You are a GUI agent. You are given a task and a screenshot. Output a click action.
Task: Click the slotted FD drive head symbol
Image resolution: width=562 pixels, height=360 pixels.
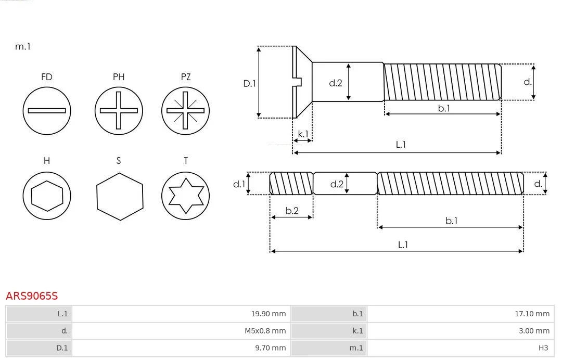coord(47,110)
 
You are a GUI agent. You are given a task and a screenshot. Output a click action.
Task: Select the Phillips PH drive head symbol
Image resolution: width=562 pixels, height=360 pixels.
coord(119,110)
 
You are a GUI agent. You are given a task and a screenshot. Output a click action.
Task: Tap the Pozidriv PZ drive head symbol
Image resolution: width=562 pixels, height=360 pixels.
coord(185,110)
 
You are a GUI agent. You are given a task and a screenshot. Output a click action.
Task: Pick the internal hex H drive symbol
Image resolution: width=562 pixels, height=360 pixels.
coord(47,196)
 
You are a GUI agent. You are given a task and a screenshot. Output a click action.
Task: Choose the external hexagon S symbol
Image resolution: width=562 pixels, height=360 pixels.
coord(119,196)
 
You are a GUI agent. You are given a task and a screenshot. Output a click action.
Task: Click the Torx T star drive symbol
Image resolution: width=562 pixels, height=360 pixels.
coord(185,196)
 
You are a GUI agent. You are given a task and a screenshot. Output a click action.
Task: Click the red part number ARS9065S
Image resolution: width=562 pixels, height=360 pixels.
coord(32,296)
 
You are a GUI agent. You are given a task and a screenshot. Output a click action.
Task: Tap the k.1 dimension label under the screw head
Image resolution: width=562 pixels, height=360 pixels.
coord(302,134)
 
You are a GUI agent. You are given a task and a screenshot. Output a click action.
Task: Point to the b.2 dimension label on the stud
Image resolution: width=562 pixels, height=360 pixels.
coord(292,211)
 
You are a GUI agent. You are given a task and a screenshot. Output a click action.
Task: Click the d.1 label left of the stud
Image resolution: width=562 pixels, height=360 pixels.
coord(238,184)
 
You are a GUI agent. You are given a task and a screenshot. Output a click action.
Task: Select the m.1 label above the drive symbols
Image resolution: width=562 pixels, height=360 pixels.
coord(23,46)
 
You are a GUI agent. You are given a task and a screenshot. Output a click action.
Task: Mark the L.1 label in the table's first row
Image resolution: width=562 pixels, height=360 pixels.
coord(62,314)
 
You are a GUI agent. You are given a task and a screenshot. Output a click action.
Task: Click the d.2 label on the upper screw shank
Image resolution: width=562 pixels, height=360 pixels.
coord(336,83)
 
